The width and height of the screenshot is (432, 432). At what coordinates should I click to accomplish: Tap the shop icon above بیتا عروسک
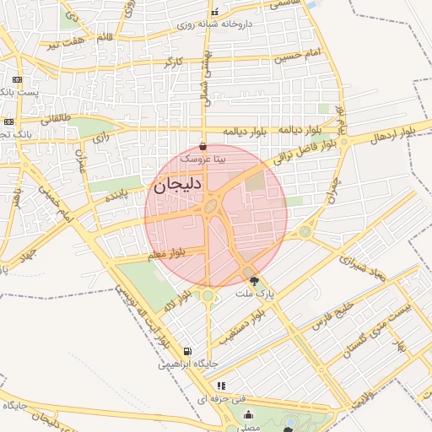click(202, 147)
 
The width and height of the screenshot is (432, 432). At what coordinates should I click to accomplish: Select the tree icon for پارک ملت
click(255, 280)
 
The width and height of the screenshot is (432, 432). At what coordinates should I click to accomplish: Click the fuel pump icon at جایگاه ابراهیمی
click(186, 352)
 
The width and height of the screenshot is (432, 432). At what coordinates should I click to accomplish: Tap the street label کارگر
click(172, 62)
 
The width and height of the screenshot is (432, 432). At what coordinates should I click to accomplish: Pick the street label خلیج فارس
click(330, 320)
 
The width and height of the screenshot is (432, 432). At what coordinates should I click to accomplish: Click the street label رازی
click(100, 136)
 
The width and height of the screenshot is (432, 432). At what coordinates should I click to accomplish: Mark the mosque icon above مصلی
click(248, 414)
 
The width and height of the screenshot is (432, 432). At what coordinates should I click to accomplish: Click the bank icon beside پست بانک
click(16, 80)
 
